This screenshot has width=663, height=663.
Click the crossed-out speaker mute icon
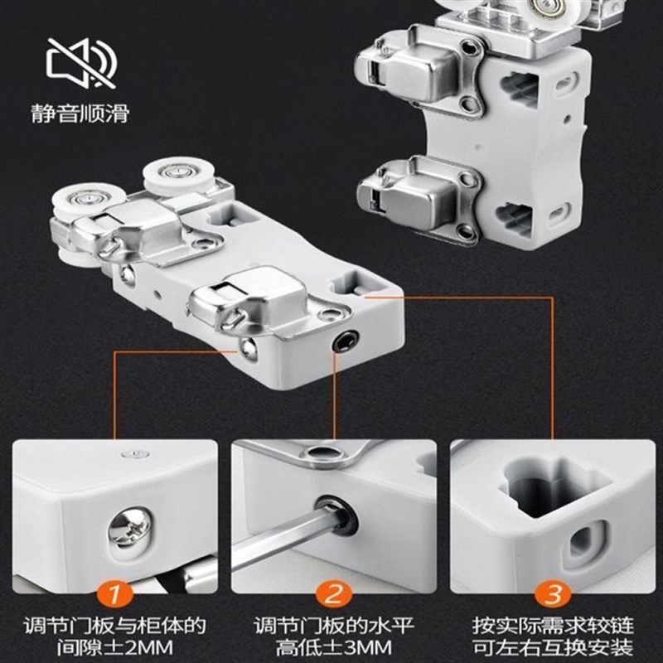point(81,63)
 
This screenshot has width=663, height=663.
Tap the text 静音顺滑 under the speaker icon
point(80,114)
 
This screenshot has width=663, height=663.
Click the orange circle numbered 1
point(114,594)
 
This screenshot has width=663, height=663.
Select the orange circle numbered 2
point(334,594)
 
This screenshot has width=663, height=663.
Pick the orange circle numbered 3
point(553,594)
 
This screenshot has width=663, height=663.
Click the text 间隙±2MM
point(114,648)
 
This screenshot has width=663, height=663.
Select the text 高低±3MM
point(334,648)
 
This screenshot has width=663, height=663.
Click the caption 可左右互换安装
point(553,648)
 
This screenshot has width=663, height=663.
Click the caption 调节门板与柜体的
point(114,626)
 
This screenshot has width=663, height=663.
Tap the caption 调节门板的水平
point(334,626)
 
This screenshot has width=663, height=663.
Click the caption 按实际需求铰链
point(553,626)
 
